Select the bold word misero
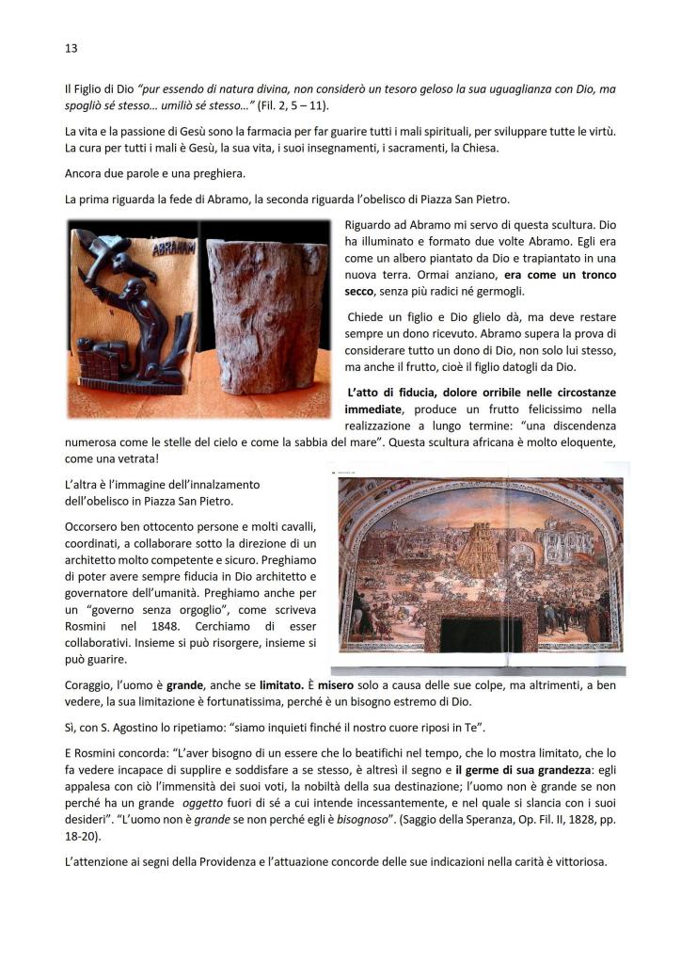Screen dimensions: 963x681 343,684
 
